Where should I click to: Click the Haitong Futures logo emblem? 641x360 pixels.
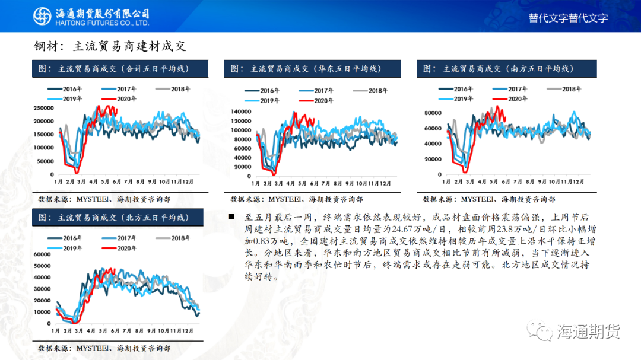point(42,17)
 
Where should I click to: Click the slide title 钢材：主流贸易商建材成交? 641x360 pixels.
point(110,46)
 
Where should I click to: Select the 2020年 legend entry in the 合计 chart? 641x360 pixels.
point(119,99)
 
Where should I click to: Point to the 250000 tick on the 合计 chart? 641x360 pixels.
point(44,109)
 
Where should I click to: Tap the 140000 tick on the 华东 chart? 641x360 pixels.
point(241,111)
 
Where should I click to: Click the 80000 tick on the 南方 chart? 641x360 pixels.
point(433,113)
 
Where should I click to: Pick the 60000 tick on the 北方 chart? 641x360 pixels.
point(42,254)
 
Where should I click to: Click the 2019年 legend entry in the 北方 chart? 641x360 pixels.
point(65,249)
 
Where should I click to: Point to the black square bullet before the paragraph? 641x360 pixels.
point(231,217)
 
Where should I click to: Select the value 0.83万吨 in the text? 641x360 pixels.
point(271,241)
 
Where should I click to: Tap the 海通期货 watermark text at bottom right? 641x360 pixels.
point(589,332)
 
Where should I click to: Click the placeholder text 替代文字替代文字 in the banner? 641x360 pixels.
point(568,18)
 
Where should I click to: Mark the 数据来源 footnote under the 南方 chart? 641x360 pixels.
point(489,199)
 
